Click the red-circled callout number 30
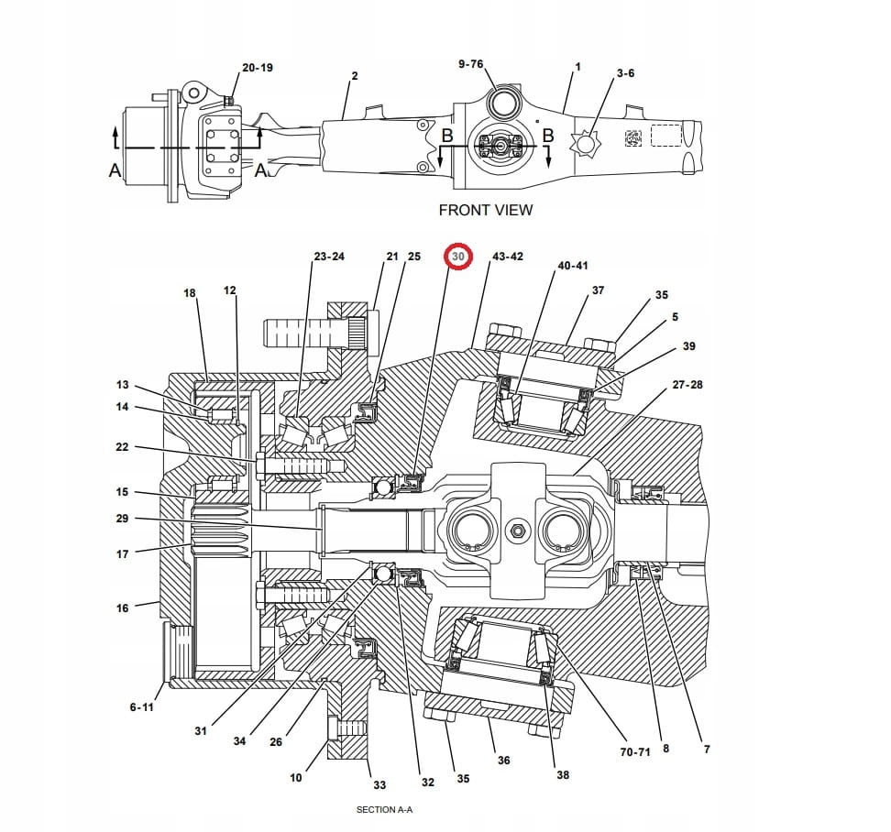[457, 257]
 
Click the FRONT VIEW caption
[485, 210]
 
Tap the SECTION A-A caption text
[385, 810]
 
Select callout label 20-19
[258, 68]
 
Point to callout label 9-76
[470, 64]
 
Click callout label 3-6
[625, 72]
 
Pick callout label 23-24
[329, 257]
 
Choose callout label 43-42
[508, 257]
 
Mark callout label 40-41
[573, 266]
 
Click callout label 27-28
[687, 385]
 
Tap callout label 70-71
[635, 751]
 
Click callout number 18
[190, 293]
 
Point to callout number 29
[123, 519]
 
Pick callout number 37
[599, 290]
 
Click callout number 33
[379, 784]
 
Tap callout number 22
[123, 447]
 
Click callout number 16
[123, 608]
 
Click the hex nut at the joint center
[519, 531]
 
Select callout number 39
[689, 346]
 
